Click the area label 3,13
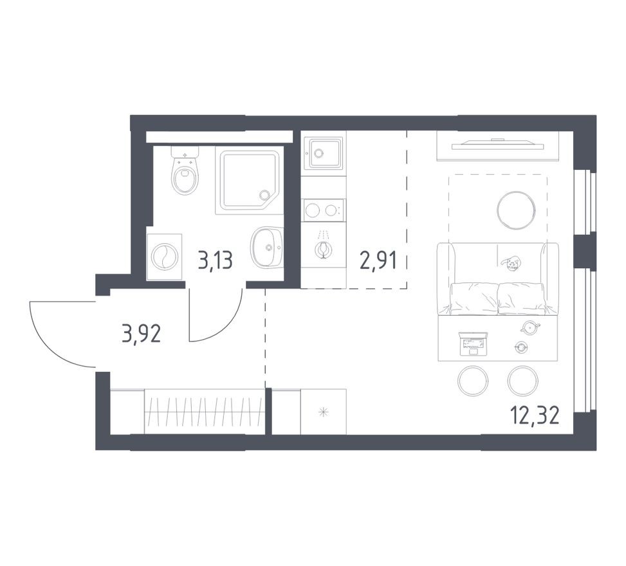pos(215,260)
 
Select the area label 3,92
pos(140,334)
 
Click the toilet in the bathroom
pos(185,172)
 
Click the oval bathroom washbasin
pos(265,248)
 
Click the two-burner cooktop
pos(322,210)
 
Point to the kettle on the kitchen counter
pos(323,245)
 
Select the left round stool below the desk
pos(474,381)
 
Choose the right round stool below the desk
pos(522,381)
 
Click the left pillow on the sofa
pos(474,298)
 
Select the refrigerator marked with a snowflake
pos(324,412)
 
